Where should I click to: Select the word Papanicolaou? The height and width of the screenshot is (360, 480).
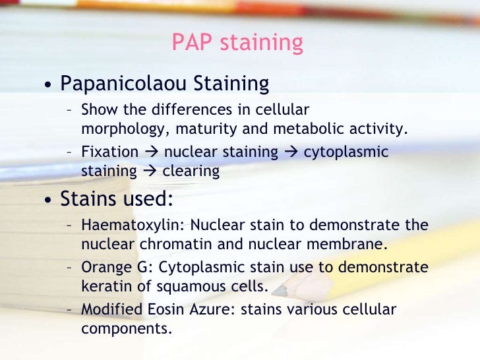click(124, 84)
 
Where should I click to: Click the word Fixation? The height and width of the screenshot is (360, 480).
click(109, 152)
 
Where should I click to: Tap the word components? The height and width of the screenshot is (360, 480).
click(127, 328)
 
